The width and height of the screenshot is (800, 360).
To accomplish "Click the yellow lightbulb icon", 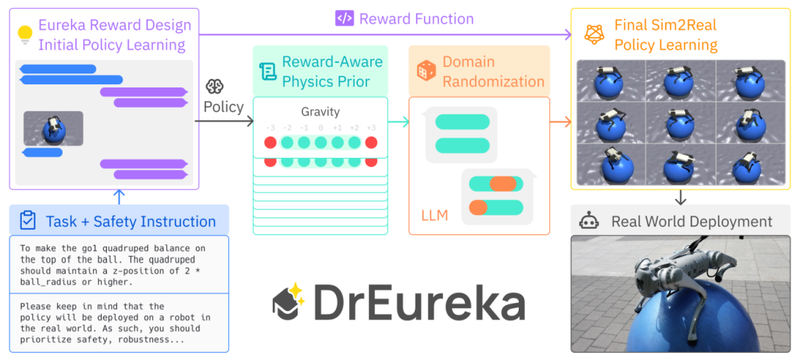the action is pos(25,34).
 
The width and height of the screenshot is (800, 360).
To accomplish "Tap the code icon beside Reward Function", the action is pos(345,19).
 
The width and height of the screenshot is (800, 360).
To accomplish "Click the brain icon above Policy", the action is pos(214,87).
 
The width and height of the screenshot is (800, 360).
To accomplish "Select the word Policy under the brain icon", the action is pos(223,108).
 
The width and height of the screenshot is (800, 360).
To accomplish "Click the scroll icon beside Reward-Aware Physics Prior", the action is pos(268,71).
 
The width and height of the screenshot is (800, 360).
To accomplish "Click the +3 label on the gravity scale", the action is pos(371,128).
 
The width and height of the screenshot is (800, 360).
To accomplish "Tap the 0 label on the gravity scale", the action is pos(320,128).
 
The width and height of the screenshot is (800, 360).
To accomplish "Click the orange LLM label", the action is pos(434,216).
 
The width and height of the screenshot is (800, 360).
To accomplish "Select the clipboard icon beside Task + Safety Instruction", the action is pos(27,220).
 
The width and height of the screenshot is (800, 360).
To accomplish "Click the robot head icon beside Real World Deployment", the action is pos(589,221).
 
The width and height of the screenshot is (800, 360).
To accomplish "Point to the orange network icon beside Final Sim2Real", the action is pos(595,34).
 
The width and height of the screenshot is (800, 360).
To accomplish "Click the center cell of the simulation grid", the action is pos(681,123).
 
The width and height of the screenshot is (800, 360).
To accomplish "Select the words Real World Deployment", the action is pos(692,221).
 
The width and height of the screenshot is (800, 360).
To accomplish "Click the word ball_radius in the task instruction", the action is pos(45,281).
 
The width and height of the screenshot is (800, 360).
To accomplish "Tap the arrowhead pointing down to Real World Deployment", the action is pos(680,201).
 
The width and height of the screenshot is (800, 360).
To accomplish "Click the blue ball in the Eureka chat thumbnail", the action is pos(53,133).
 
